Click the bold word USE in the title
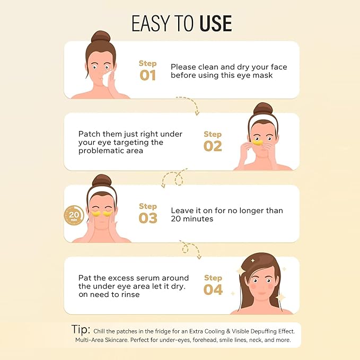click(216, 23)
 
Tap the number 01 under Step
click(147, 75)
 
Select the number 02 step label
click(213, 146)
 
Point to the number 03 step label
click(148, 218)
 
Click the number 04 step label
click(213, 289)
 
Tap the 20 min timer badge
click(74, 215)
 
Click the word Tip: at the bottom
click(81, 329)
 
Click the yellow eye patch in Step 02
click(257, 142)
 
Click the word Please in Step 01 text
click(183, 67)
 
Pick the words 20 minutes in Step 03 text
click(192, 219)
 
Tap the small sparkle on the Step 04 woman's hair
click(253, 260)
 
